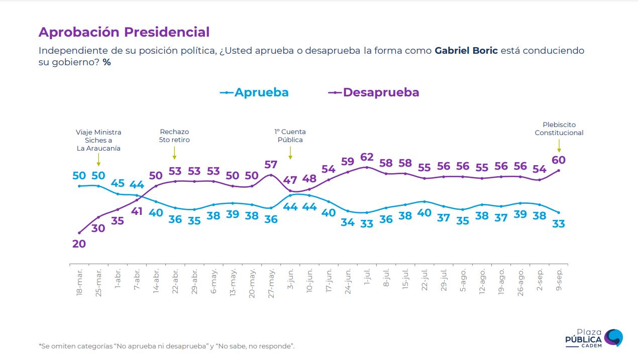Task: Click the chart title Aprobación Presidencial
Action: (x=124, y=32)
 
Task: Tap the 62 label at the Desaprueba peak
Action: (x=367, y=157)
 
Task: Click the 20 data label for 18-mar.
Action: (x=79, y=244)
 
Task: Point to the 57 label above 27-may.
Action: (x=271, y=165)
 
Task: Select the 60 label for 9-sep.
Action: (x=559, y=160)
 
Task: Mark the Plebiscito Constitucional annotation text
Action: (x=559, y=129)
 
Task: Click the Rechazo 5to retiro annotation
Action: (x=174, y=136)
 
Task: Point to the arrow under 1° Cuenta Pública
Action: (x=290, y=153)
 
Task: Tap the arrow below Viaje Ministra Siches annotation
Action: (x=98, y=160)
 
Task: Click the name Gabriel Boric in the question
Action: (x=466, y=51)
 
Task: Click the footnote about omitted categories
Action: (x=166, y=346)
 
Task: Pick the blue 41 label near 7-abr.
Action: (x=137, y=211)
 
